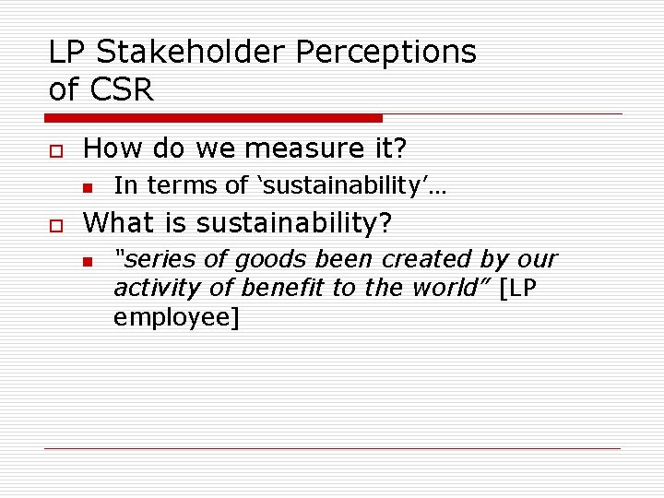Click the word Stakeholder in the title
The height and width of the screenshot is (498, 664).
190,53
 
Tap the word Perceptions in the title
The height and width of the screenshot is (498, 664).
386,53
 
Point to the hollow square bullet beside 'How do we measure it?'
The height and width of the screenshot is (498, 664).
53,149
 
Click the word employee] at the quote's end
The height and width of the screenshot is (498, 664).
175,319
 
